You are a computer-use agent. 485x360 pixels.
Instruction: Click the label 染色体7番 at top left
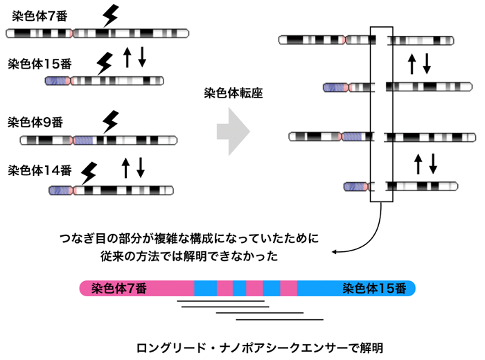39,15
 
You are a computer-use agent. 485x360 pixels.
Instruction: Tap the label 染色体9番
35,123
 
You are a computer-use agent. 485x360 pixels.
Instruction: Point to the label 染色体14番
39,170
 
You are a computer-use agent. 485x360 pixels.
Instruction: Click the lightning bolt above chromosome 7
109,15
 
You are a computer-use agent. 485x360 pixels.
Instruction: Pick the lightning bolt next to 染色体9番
109,122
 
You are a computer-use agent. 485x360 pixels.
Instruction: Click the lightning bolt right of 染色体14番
89,172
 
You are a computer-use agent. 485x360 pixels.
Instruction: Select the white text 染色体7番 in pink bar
119,289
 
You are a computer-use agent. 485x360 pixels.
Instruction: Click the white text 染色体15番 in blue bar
374,289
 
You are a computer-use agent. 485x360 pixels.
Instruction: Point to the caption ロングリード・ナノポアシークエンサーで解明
260,344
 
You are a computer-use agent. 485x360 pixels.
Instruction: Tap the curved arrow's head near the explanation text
335,253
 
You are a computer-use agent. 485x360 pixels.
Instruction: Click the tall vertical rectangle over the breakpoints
382,115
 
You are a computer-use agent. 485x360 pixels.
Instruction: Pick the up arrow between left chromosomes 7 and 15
127,57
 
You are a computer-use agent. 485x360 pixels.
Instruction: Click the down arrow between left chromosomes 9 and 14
141,167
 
